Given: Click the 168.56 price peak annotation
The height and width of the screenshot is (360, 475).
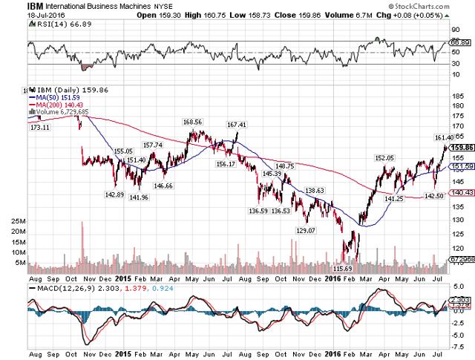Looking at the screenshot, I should pos(193,122).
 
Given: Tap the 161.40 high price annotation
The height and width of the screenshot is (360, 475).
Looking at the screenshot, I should pos(443,138).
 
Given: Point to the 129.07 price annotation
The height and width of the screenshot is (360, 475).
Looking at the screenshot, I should pos(306,231).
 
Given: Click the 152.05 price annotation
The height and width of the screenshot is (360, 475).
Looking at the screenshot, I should pos(384,158).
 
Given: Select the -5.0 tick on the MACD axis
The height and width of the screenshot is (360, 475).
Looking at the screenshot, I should pos(459,333).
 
